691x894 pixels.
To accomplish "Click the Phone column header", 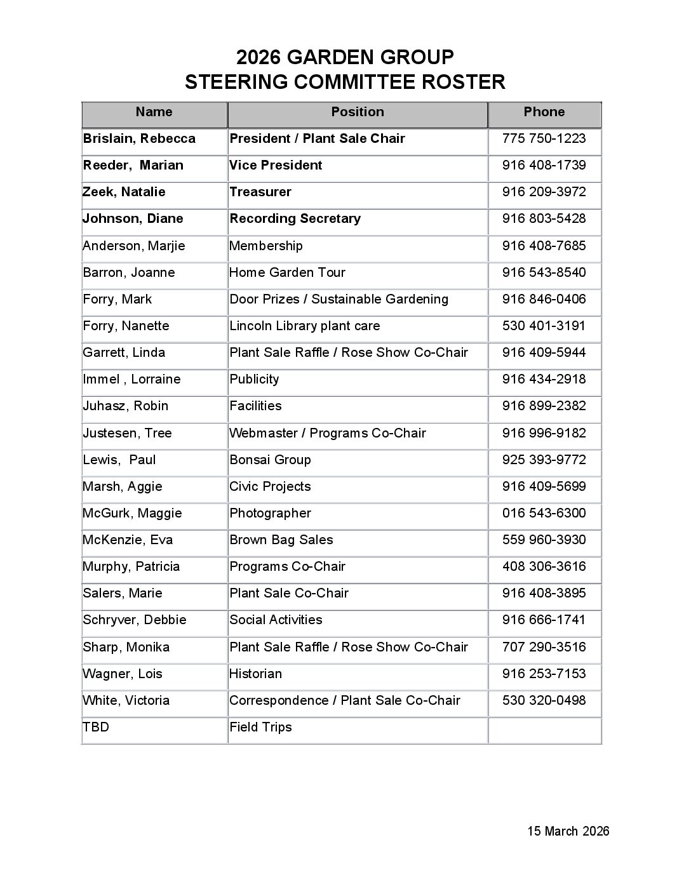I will point(544,112).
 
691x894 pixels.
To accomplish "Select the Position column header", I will point(357,112).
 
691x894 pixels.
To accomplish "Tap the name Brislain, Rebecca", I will point(139,139).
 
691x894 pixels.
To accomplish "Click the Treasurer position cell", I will point(260,192).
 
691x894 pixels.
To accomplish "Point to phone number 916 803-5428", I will point(544,219).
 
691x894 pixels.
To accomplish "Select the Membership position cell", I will point(265,246).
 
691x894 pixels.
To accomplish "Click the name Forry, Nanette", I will point(126,326).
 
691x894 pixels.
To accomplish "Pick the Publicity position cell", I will point(254,380).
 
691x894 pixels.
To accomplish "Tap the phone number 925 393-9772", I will point(544,460).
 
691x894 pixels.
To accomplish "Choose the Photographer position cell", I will point(270,514).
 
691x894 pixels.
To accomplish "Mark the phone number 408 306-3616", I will point(544,567).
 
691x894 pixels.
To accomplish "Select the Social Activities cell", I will point(276,620).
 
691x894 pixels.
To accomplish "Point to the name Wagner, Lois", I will point(123,674).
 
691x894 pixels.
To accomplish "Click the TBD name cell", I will point(96,728).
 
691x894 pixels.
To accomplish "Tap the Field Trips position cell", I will point(260,728).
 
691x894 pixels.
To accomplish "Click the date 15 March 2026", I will point(568,832).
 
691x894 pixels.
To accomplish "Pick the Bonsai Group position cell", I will point(270,460).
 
